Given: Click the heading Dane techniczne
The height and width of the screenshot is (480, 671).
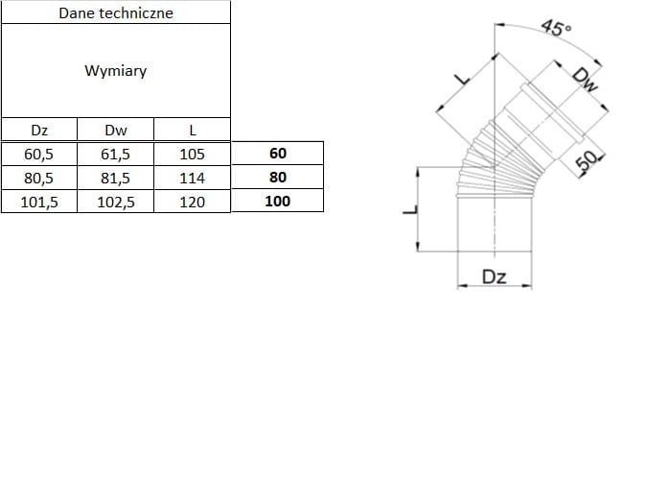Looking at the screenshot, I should coord(115,12).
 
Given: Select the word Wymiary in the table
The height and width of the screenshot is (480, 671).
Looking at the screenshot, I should coord(115,71).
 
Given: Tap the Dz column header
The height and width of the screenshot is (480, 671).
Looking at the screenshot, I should coord(39,130).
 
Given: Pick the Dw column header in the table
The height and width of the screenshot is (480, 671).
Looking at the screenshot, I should coord(115,130).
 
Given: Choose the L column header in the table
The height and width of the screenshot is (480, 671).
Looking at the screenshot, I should coord(193,130).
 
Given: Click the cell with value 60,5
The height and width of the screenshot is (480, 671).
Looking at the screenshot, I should coord(39,154).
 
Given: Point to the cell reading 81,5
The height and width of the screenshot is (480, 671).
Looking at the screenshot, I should coord(115,178).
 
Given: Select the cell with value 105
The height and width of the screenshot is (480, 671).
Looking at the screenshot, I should coord(193,154).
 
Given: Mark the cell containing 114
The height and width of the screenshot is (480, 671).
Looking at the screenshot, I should coord(193,178).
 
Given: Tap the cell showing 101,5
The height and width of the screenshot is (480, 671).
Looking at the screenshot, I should coord(39,202).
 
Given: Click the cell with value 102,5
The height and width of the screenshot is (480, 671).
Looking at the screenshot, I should coord(115,202).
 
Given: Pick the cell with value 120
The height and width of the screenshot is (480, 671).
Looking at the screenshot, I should coord(193,202).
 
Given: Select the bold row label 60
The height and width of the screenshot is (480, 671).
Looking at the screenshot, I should coord(278,154).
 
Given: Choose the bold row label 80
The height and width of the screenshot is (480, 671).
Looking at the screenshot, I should coord(278,178).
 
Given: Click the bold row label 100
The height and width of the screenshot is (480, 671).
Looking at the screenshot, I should coord(278,202).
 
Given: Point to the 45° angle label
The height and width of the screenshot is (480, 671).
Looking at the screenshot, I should coord(556,28).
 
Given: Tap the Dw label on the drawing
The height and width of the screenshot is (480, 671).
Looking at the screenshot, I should coord(586,83).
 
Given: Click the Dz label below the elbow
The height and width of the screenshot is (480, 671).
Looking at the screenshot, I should coord(494,277).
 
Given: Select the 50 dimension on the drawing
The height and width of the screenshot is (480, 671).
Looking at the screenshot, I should coord(587,162).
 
